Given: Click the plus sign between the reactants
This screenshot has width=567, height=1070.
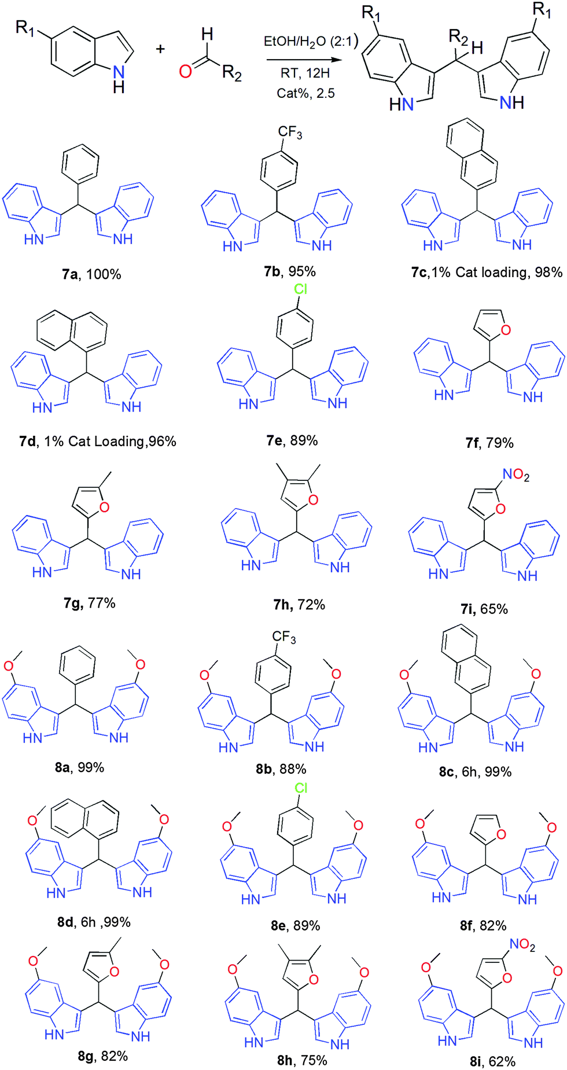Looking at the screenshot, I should tap(160, 49).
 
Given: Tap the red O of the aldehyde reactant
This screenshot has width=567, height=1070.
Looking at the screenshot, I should tap(185, 71).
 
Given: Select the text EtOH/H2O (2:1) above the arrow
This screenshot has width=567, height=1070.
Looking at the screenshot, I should tap(311, 42).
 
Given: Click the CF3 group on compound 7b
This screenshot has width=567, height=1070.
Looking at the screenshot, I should tap(290, 133).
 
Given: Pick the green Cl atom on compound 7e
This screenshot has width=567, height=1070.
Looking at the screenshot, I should tap(301, 289).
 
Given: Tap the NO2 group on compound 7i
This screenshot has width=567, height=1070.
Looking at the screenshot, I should tap(516, 475).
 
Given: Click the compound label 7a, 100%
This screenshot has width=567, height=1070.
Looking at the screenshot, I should tap(91, 274).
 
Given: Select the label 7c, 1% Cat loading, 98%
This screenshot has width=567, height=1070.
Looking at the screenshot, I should tap(487, 272).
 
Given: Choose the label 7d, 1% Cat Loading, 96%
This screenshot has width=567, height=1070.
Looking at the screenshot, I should tap(97, 442).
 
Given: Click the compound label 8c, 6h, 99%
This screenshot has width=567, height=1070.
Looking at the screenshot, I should tap(475, 771).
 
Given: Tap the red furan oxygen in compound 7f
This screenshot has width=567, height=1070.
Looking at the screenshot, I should tap(506, 330).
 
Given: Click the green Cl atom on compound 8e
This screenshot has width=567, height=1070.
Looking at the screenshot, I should tap(301, 788).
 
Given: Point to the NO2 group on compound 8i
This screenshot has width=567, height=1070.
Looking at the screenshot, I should tap(522, 944).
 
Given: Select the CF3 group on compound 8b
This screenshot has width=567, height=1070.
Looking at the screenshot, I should tap(284, 637).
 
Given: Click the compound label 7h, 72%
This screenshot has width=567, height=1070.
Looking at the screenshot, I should tap(299, 605).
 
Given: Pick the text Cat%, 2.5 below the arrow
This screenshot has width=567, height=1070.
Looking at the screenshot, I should tap(305, 93).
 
